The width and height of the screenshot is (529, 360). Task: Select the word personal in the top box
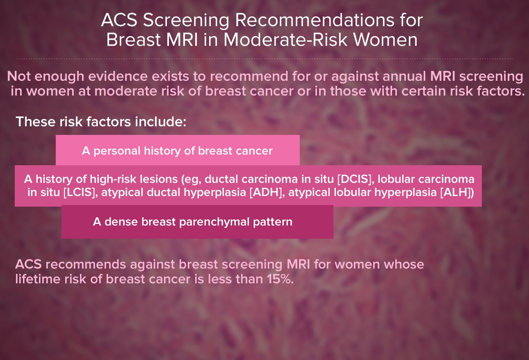117,151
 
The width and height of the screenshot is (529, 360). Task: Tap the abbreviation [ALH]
457,192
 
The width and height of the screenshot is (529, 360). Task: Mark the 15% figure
280,279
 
